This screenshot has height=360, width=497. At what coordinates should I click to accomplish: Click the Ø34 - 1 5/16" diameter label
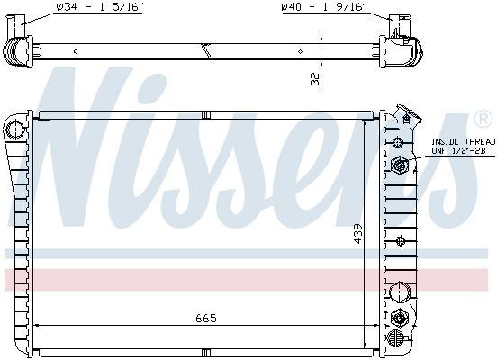[99, 7]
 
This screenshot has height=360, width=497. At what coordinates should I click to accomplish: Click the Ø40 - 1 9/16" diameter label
[324, 7]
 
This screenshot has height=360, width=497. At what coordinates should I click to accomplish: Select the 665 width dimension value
[206, 318]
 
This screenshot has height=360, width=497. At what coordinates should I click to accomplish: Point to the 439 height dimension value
[357, 234]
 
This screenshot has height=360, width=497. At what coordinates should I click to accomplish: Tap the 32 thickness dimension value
[315, 79]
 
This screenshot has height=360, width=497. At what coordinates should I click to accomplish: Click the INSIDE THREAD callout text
[463, 141]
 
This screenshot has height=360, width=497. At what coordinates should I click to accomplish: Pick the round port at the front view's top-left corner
[14, 130]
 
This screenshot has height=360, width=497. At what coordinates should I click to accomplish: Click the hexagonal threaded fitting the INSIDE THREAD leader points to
[400, 165]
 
